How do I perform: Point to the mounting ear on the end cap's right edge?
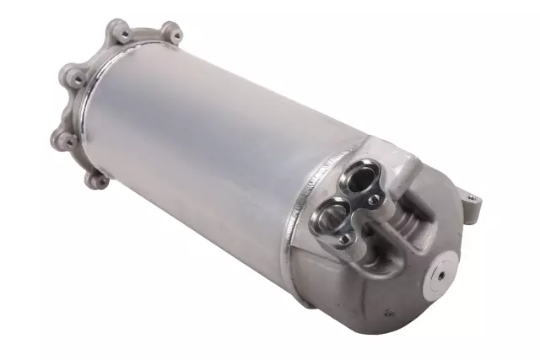point(472,202)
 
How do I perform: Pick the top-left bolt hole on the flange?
point(124,35)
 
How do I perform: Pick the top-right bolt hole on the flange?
point(171,34)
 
